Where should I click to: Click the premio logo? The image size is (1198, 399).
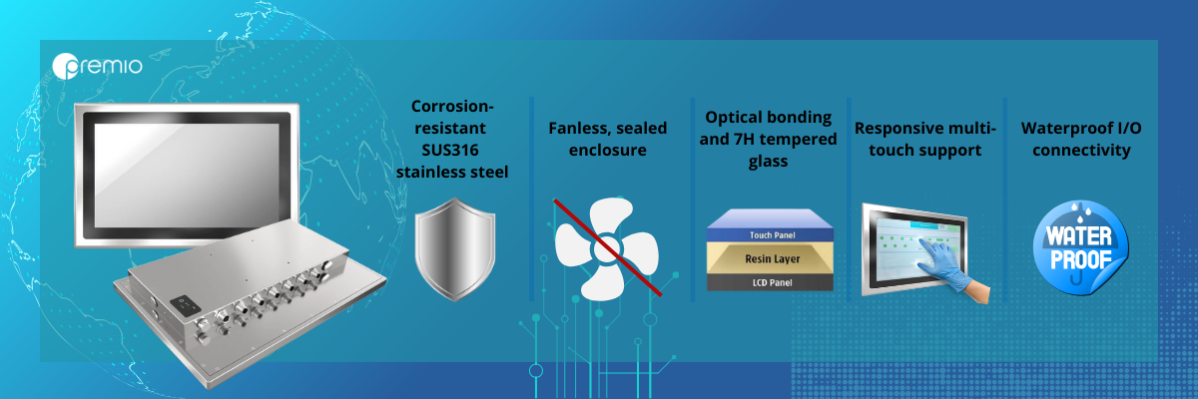point(98,66)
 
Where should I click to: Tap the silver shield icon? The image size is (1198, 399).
point(455,249)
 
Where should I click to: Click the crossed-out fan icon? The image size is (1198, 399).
point(608,248)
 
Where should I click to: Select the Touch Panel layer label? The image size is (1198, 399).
point(772,235)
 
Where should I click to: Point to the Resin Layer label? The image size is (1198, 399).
point(773,259)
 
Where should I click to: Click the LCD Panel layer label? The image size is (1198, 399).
point(773,282)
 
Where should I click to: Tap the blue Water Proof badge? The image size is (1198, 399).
point(1080,247)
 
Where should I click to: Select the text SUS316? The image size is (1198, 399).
point(450,150)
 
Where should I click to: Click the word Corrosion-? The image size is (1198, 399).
point(452,107)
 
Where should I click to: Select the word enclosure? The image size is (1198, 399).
point(608,151)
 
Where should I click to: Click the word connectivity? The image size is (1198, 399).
point(1081,151)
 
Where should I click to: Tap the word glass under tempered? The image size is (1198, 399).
point(768,162)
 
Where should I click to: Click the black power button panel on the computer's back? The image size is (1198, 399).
point(185,304)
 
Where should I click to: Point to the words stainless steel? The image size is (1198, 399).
point(452,172)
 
